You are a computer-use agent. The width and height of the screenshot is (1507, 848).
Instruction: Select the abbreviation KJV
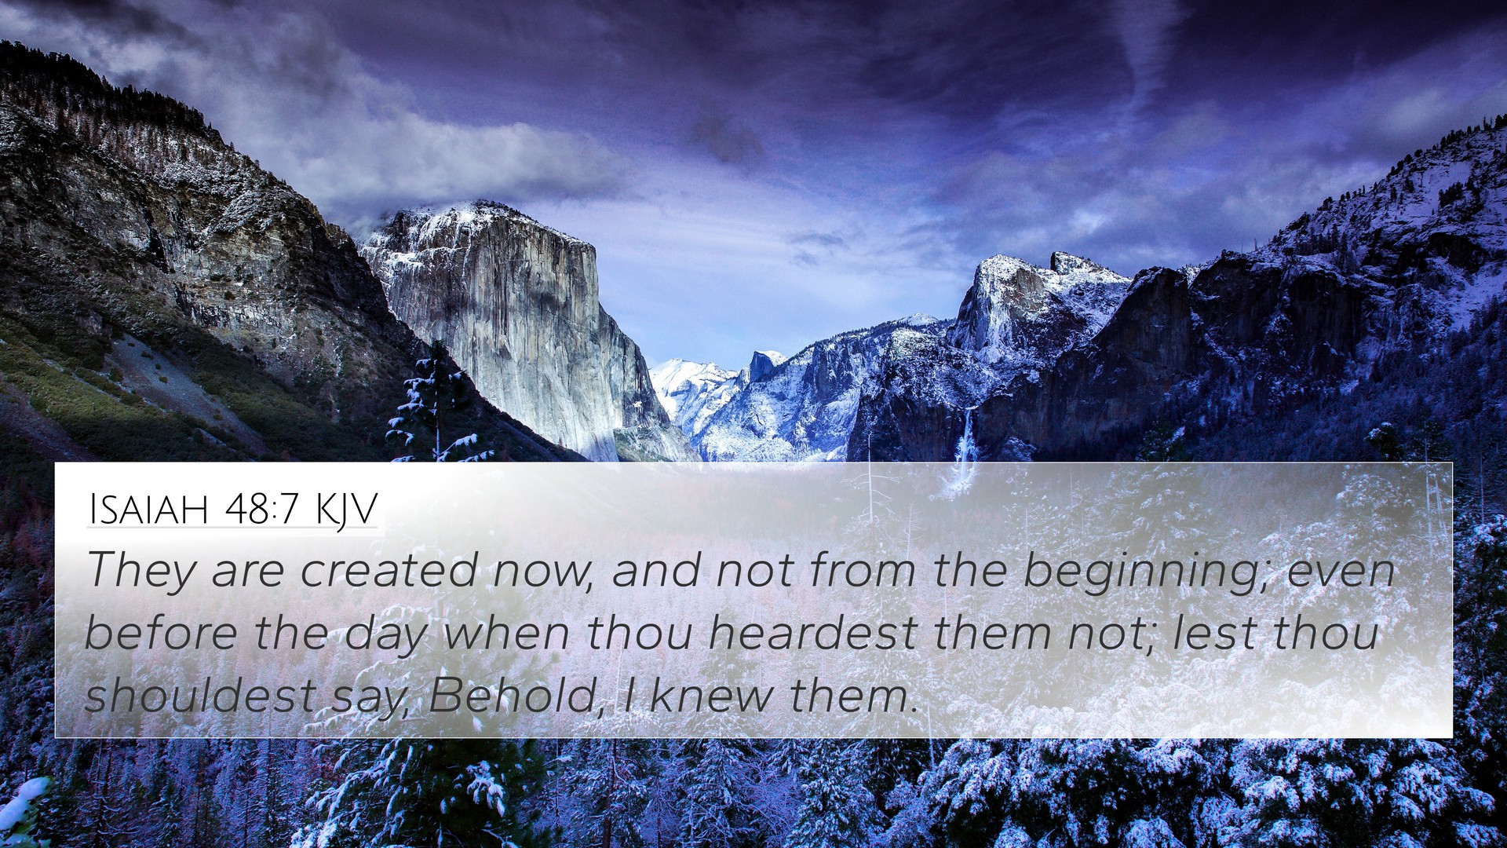tap(346, 510)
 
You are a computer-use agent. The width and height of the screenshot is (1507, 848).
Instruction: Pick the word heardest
tap(813, 632)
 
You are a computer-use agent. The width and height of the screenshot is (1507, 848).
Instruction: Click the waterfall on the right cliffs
tap(967, 440)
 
